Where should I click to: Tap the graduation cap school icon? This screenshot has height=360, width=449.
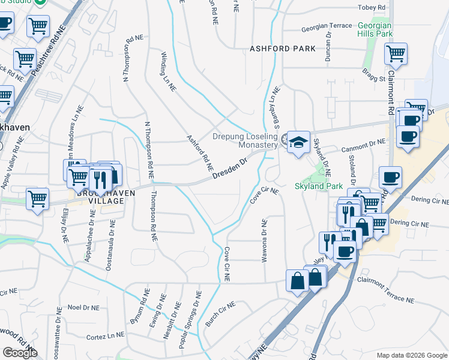(298, 142)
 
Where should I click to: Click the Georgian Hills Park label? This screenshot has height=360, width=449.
(375, 30)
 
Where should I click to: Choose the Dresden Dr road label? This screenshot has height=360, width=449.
(230, 167)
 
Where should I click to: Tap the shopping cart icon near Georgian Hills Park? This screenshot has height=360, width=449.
(396, 54)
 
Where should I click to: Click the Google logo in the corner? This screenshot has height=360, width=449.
(20, 353)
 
